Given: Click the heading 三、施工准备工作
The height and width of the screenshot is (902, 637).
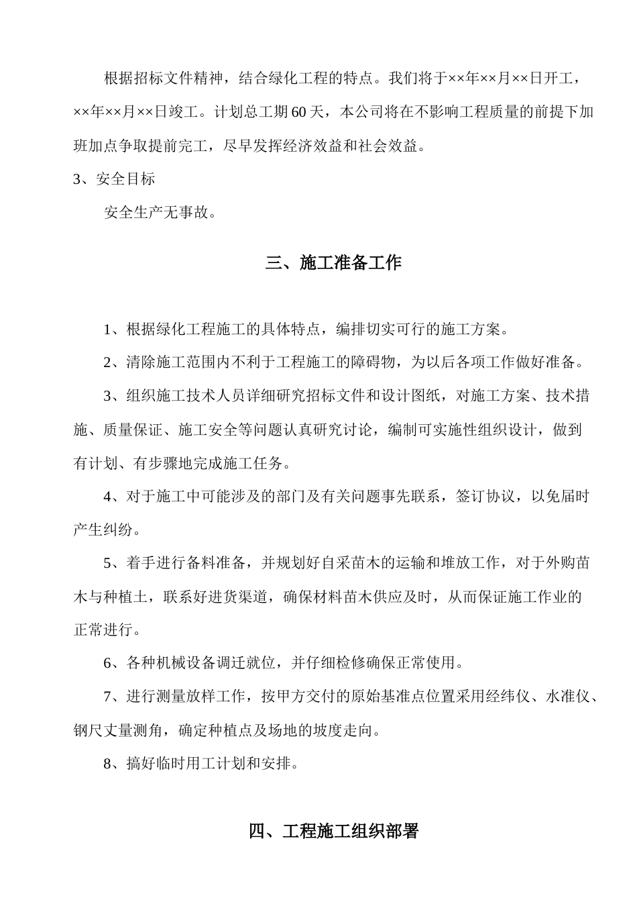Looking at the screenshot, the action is click(x=333, y=263).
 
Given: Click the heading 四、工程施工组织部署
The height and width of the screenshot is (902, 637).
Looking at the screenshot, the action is click(x=333, y=832).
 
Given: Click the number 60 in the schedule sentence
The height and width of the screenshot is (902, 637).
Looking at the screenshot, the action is click(x=298, y=112).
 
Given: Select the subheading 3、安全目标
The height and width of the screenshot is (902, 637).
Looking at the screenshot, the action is click(x=114, y=179).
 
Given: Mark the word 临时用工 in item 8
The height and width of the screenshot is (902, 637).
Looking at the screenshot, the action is click(x=178, y=764).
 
